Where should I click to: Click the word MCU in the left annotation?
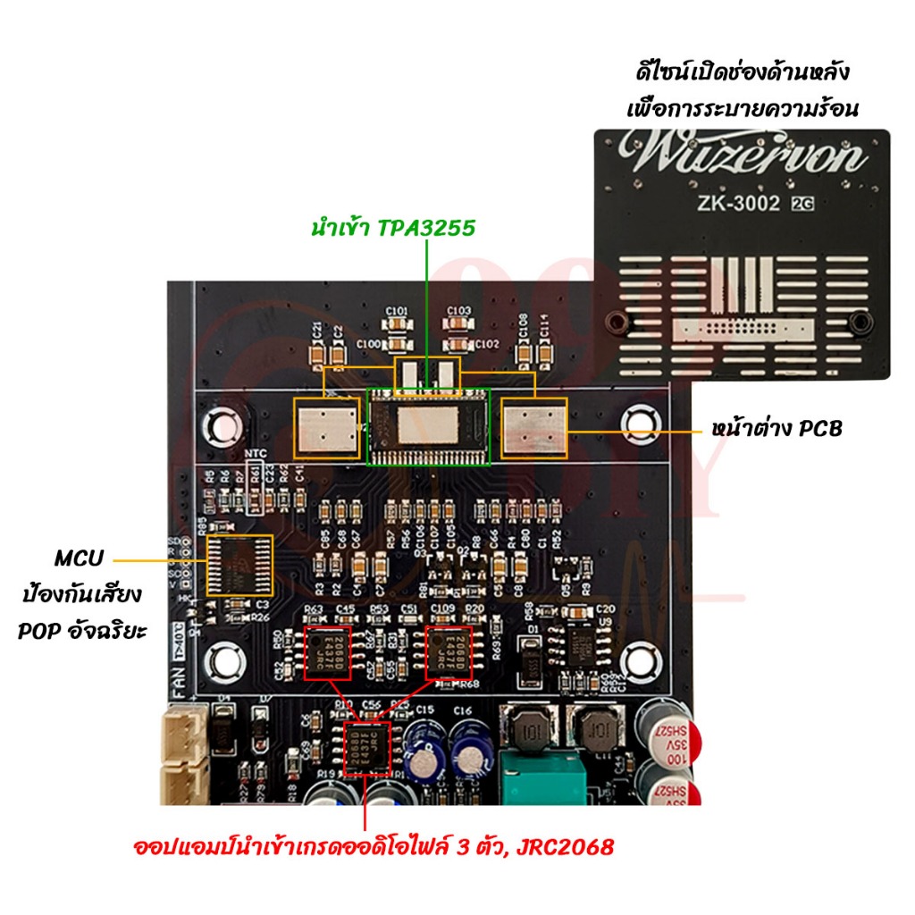pos(79,559)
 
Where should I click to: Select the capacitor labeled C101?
pos(399,323)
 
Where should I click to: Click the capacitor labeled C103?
pos(459,323)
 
